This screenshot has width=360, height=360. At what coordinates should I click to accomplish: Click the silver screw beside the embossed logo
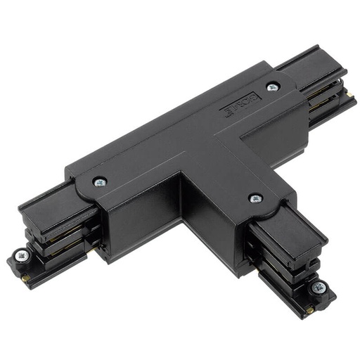[x=273, y=87]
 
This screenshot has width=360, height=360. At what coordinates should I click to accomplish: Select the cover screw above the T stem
[x=255, y=198]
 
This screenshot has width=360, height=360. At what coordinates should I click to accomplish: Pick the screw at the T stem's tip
[x=320, y=287]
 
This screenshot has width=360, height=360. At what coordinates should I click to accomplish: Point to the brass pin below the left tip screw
[x=27, y=278]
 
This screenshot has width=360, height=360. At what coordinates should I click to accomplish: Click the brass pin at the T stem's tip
[x=310, y=309]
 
